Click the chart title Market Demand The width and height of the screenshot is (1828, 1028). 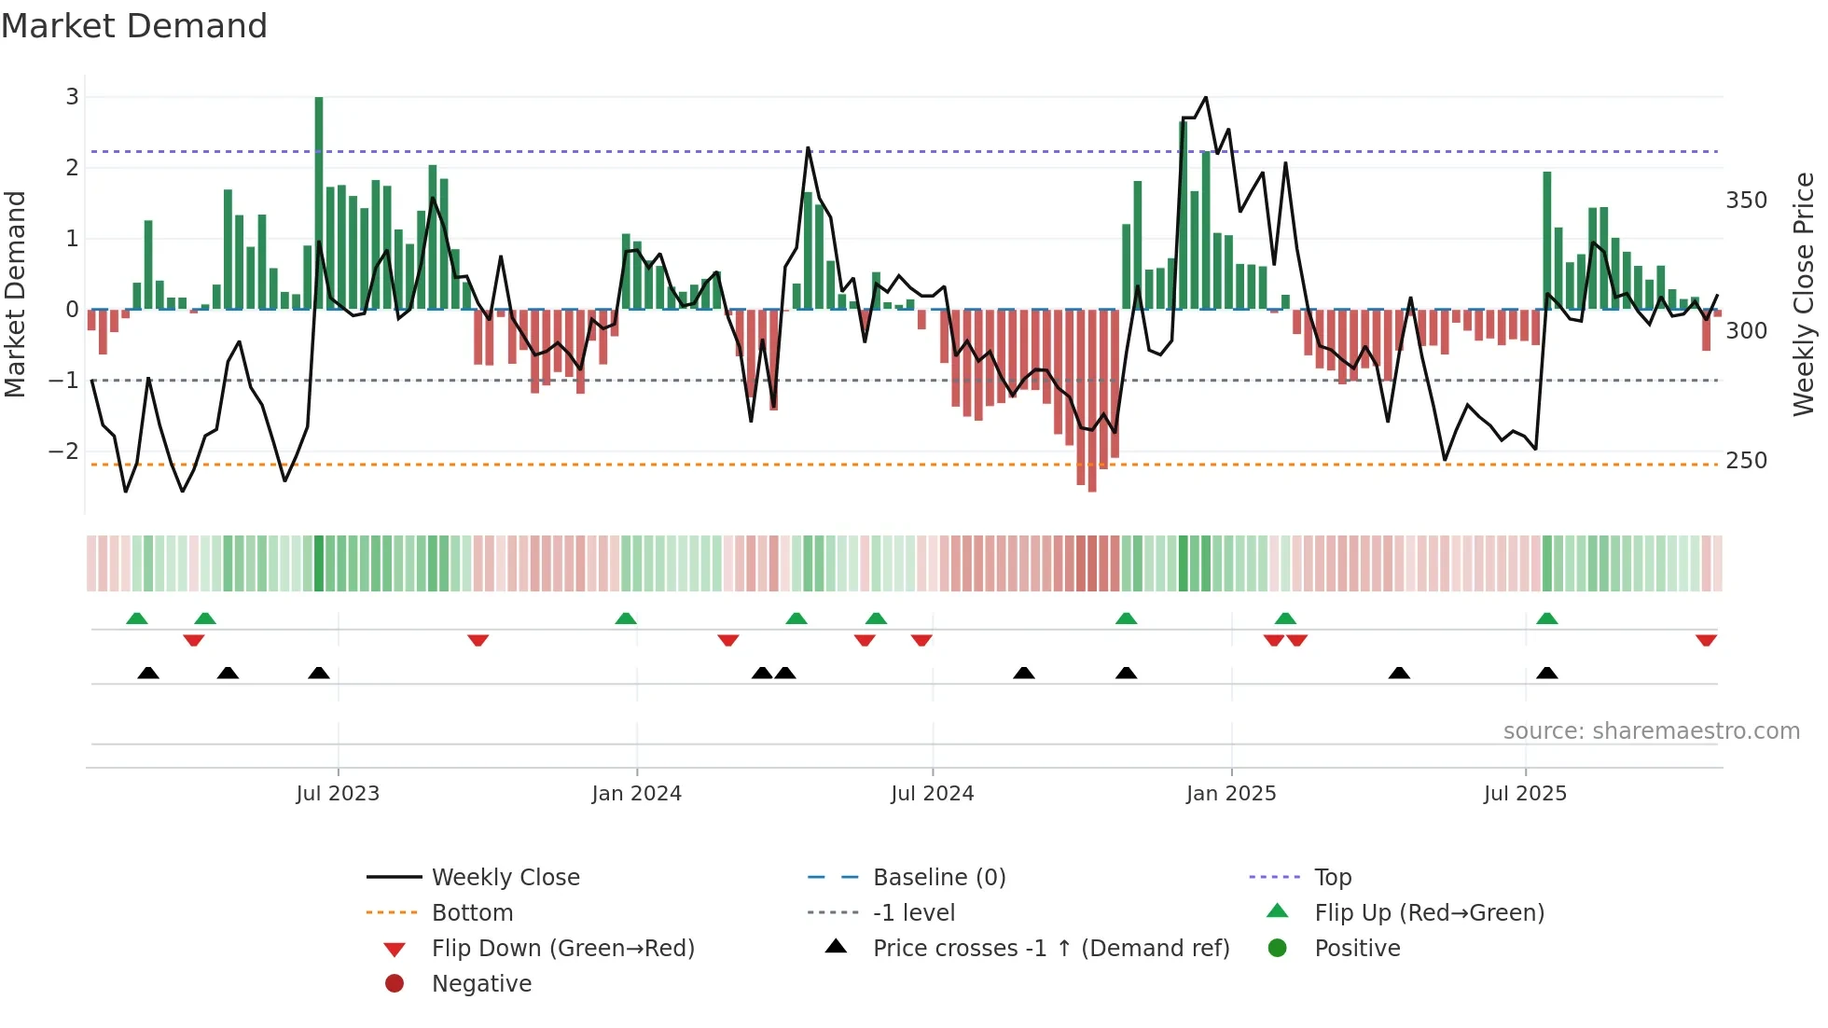point(134,26)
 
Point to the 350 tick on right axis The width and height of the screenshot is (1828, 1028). point(1746,201)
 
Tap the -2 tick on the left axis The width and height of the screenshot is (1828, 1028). point(63,451)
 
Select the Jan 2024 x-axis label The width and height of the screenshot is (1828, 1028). point(636,794)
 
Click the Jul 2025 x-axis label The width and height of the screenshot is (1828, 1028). point(1525,794)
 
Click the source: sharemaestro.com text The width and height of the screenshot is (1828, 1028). point(1651,731)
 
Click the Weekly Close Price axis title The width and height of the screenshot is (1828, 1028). point(1804,294)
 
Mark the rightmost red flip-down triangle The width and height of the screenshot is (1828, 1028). point(1706,640)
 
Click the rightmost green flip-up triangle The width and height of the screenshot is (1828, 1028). point(1546,618)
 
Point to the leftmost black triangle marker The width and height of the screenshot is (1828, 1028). point(148,673)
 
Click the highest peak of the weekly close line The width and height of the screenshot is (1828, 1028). point(1206,97)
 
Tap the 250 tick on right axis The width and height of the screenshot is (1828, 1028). point(1746,461)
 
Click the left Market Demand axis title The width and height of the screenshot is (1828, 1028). point(15,294)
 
